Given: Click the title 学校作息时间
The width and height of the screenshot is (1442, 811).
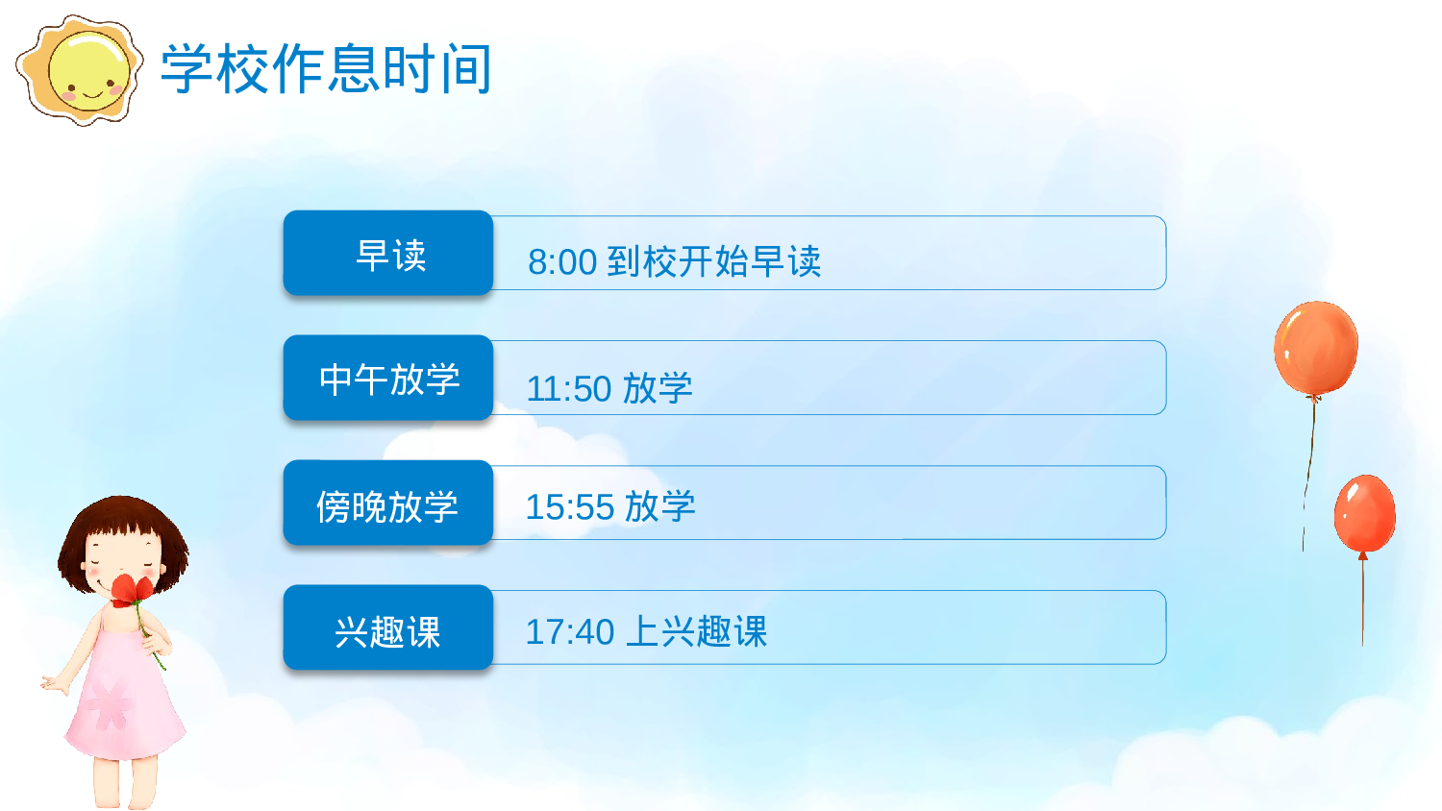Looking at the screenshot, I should (x=326, y=69).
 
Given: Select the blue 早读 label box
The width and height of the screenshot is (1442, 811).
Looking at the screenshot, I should (x=388, y=254).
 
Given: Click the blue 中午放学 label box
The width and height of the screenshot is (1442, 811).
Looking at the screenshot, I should (x=388, y=378).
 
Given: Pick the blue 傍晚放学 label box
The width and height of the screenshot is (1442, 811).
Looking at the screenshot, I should (x=388, y=504).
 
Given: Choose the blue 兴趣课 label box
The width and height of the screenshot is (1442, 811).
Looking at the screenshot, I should (x=388, y=628).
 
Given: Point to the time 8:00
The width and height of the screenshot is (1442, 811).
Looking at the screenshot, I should (x=562, y=262).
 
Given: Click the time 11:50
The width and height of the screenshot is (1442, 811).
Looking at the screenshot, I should (x=569, y=389).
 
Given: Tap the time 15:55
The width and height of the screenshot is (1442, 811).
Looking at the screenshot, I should (x=570, y=507).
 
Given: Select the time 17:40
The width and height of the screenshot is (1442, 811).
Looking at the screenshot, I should (x=570, y=632).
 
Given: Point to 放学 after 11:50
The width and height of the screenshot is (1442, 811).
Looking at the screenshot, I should (x=658, y=388).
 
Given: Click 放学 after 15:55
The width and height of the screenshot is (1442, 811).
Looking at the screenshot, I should (x=660, y=506).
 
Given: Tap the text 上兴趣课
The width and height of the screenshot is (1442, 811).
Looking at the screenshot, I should (x=697, y=631).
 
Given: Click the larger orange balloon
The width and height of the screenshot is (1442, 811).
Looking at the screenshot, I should (x=1316, y=347).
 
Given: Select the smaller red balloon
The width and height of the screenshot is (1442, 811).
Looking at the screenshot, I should (x=1364, y=513).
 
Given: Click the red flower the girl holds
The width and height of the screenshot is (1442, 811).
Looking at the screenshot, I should (x=131, y=589).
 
